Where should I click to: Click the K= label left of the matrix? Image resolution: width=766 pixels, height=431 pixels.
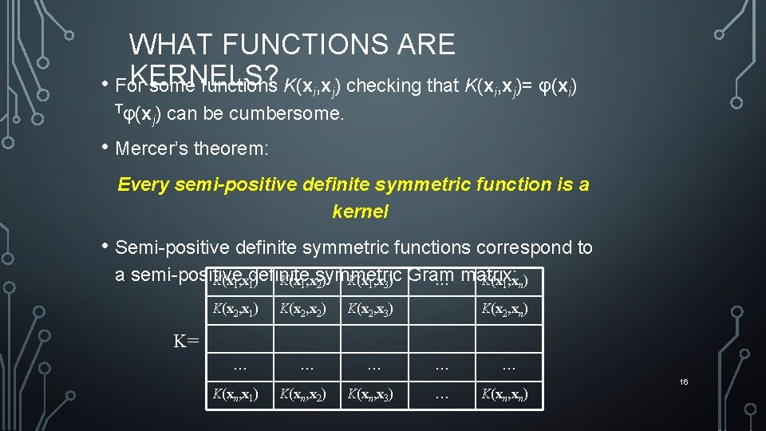point(187,342)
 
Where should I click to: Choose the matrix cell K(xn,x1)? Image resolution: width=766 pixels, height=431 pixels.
point(235,393)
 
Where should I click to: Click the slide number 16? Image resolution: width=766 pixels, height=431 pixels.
point(684,382)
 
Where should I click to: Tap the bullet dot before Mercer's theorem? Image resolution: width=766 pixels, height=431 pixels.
point(106,148)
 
